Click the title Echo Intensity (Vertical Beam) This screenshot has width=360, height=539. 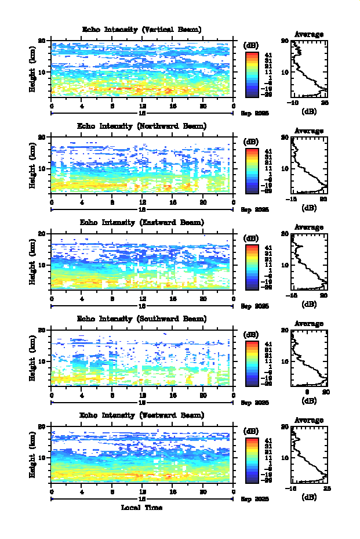pyautogui.click(x=142, y=30)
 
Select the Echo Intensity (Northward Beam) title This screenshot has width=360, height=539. pyautogui.click(x=142, y=126)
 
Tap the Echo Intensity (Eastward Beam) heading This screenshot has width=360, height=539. pyautogui.click(x=142, y=222)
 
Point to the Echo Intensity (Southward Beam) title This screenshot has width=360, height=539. pyautogui.click(x=142, y=319)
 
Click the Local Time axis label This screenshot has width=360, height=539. pyautogui.click(x=142, y=508)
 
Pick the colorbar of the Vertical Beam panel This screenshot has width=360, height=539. pyautogui.click(x=252, y=74)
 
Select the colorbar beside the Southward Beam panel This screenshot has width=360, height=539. pyautogui.click(x=252, y=363)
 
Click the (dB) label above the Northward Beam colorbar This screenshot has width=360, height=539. pyautogui.click(x=252, y=141)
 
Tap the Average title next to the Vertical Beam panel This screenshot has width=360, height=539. pyautogui.click(x=309, y=34)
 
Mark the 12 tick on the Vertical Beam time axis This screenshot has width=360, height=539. pyautogui.click(x=143, y=106)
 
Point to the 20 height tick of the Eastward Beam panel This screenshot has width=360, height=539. pyautogui.click(x=42, y=234)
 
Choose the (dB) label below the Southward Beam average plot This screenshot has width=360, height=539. pyautogui.click(x=309, y=401)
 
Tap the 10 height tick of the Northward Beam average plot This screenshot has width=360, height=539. pyautogui.click(x=285, y=169)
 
